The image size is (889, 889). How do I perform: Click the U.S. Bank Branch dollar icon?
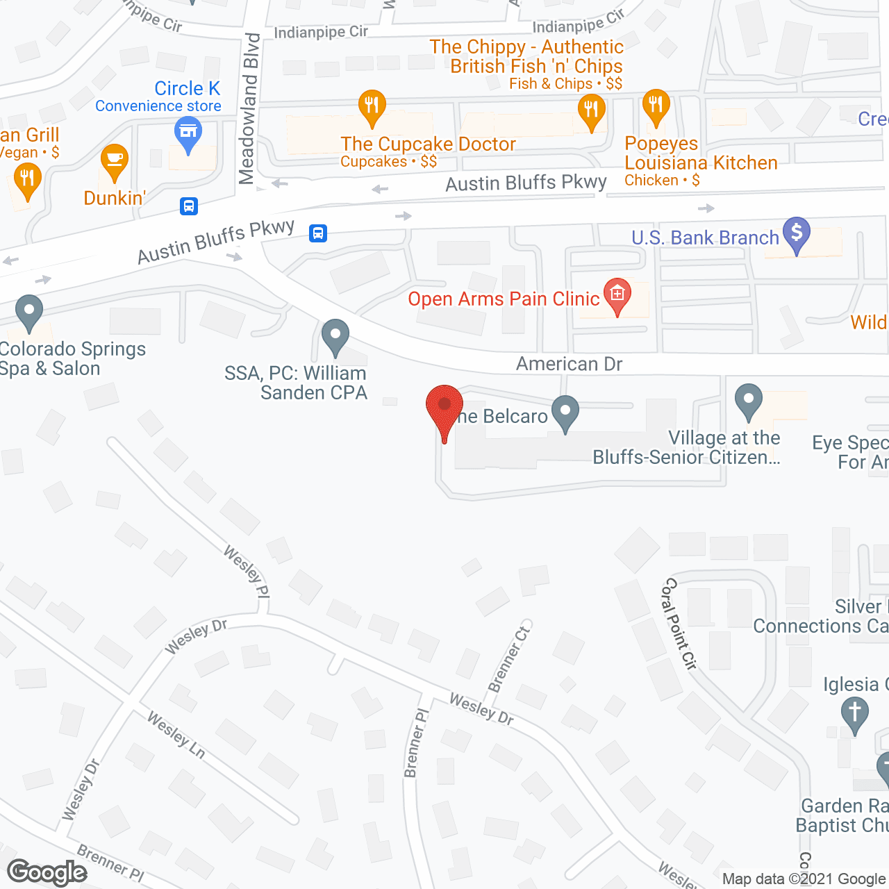click(797, 233)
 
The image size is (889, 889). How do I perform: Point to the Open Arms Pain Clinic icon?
click(617, 295)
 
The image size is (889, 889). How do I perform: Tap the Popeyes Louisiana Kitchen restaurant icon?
click(656, 106)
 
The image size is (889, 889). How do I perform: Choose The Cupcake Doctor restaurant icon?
click(372, 106)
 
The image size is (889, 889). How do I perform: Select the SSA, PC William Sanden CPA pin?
click(335, 337)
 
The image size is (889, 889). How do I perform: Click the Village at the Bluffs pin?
click(748, 401)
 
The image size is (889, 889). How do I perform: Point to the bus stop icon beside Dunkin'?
click(189, 206)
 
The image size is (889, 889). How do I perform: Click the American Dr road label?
click(569, 364)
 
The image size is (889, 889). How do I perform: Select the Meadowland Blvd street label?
click(249, 108)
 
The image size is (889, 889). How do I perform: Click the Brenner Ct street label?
click(509, 658)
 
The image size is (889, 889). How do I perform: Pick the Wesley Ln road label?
click(176, 735)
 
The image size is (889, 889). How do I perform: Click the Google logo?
click(47, 872)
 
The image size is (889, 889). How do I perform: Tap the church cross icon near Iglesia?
click(854, 713)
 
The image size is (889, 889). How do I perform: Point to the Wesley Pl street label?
click(247, 571)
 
